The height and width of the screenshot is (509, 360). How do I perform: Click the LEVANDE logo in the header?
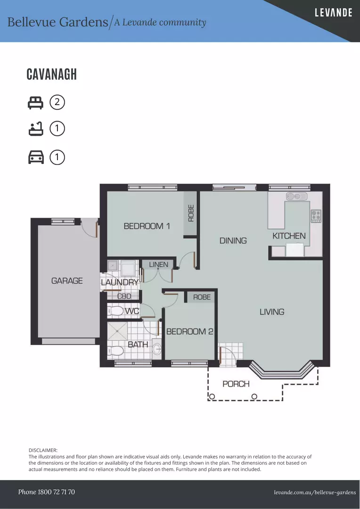[334, 13]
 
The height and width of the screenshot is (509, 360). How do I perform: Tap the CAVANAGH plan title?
[52, 74]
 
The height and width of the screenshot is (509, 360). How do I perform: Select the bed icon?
[35, 103]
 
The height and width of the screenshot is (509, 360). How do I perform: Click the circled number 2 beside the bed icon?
[57, 102]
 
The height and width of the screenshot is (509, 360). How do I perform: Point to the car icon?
[36, 157]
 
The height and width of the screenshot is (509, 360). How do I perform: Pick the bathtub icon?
[35, 129]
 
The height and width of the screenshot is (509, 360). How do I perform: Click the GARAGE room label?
[67, 280]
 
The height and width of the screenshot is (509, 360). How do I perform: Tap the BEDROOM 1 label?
[147, 226]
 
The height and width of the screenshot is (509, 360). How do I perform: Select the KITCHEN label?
[289, 236]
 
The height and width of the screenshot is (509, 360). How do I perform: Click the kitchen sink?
[296, 196]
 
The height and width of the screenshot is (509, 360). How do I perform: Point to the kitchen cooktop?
[316, 216]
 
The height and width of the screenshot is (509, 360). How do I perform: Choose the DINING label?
[233, 240]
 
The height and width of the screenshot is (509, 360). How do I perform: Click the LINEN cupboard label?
[158, 264]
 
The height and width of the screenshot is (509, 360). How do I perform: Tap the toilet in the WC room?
[115, 311]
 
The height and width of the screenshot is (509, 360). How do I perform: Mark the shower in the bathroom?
[117, 331]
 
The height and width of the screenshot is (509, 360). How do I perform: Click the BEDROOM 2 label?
[189, 331]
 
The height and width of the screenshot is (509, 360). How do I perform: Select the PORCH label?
[236, 384]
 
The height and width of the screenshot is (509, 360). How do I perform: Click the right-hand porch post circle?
[254, 396]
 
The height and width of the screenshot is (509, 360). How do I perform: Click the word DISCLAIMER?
[43, 450]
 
